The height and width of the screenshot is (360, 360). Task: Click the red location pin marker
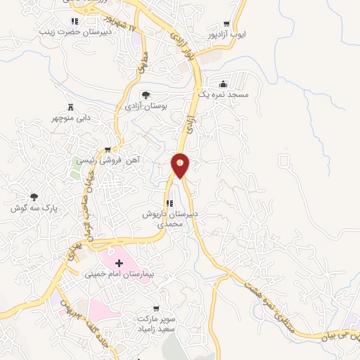(x=180, y=165)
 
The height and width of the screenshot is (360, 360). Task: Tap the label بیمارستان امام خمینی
(x=118, y=274)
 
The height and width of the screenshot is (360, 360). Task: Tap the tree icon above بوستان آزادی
(x=146, y=95)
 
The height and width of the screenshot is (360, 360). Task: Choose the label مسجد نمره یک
(x=223, y=94)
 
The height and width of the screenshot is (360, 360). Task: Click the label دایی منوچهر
(x=69, y=117)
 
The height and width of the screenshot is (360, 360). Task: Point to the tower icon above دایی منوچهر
(x=70, y=107)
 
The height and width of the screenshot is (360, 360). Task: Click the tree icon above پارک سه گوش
(x=34, y=198)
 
